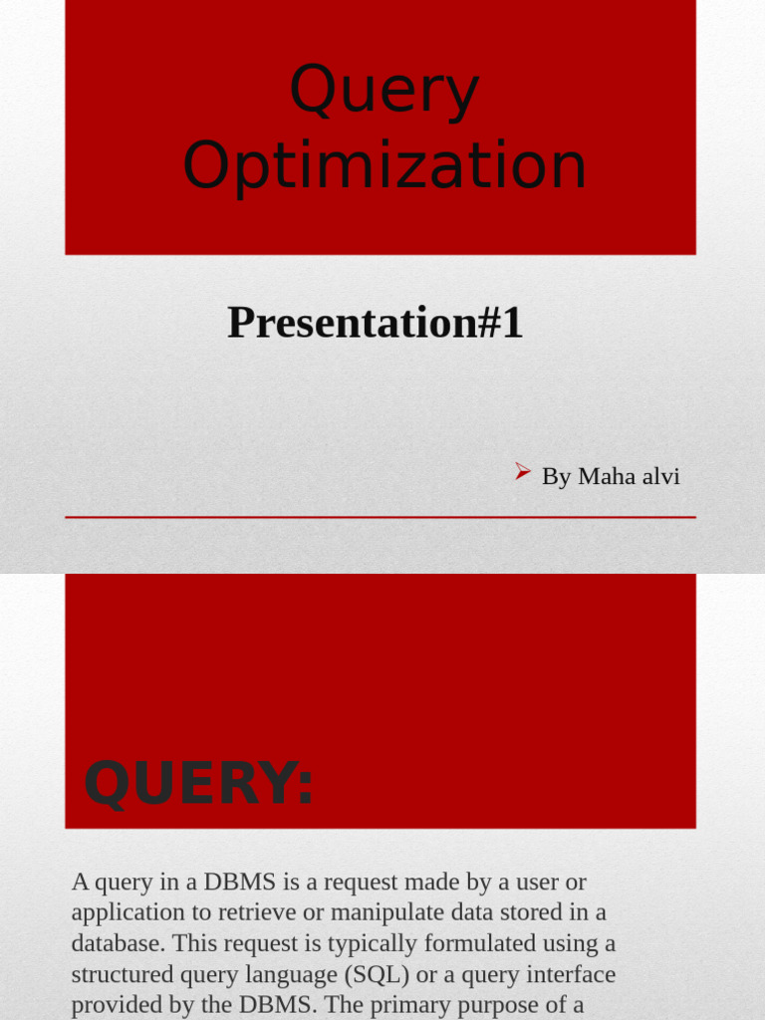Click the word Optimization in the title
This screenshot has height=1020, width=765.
point(384,165)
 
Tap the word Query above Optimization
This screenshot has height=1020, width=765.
point(384,90)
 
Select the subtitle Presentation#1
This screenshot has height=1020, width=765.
point(375,323)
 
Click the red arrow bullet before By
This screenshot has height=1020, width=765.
point(523,473)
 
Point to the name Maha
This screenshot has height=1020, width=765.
point(607,477)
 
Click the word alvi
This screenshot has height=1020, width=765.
point(660,477)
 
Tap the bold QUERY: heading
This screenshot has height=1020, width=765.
point(198,783)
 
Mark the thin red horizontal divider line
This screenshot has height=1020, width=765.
point(381,518)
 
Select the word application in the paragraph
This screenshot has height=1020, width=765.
point(128,912)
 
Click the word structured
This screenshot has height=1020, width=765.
point(121,974)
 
